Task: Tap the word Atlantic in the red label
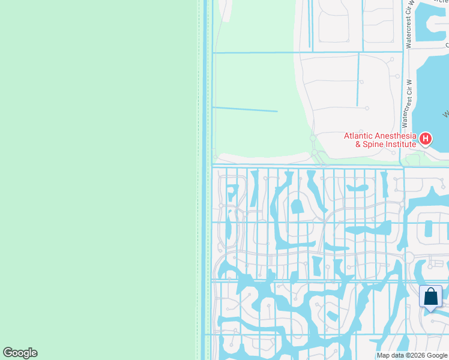(x=358, y=136)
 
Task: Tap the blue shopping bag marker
(x=430, y=296)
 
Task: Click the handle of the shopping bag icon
(x=430, y=291)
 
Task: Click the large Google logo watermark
(x=20, y=353)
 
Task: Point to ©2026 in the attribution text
(x=416, y=356)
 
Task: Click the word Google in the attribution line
(x=437, y=356)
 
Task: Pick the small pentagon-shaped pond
(x=297, y=207)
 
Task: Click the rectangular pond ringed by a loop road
(x=428, y=229)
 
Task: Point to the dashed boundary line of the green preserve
(x=199, y=180)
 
